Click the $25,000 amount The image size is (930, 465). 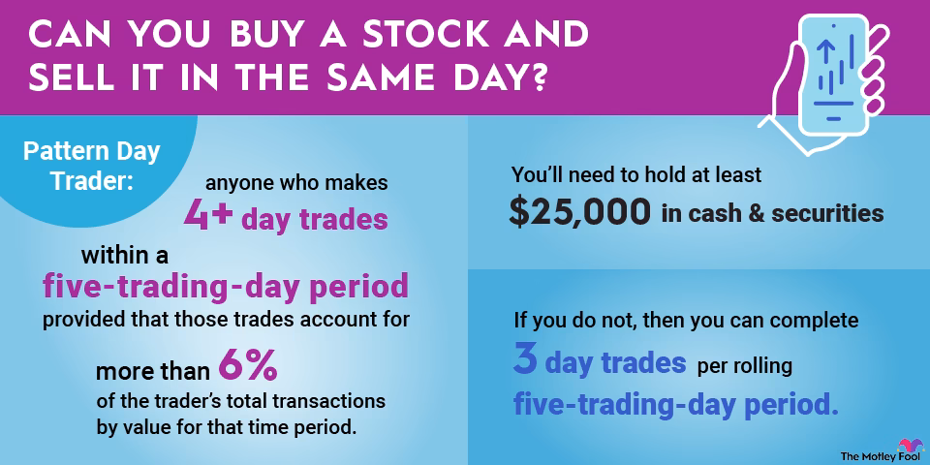tap(579, 213)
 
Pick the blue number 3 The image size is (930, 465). tap(525, 362)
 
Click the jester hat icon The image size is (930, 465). tap(911, 443)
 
